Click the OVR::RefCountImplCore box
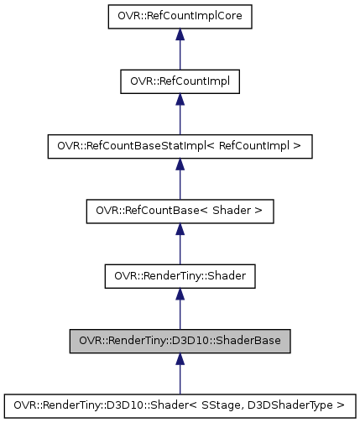tap(180, 16)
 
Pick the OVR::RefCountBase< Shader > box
tap(180, 210)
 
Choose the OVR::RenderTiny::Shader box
tap(180, 274)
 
